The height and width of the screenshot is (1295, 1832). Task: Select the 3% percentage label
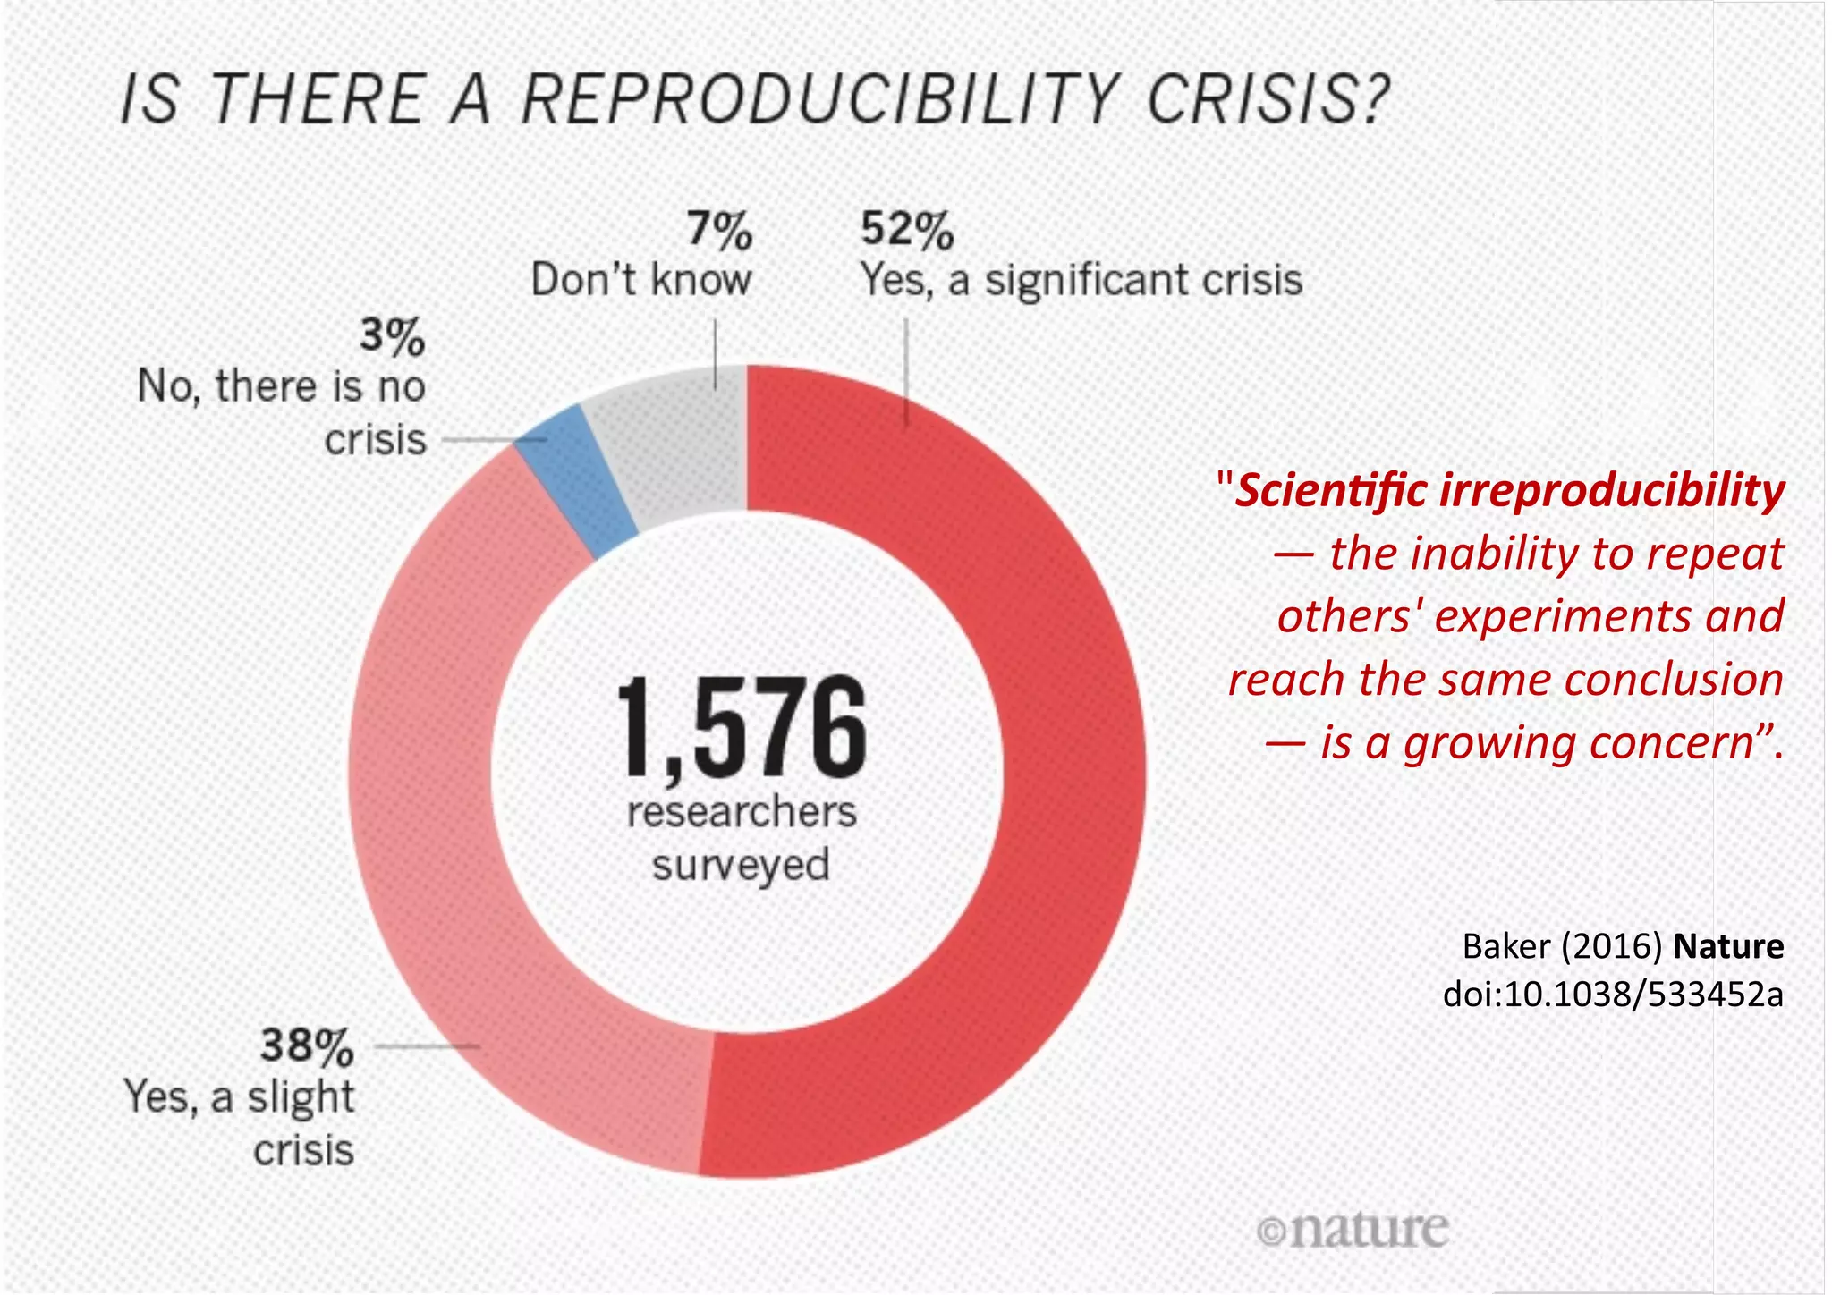coord(392,337)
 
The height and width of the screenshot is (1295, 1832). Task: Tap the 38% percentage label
coord(307,1045)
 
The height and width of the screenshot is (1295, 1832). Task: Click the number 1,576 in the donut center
coord(742,725)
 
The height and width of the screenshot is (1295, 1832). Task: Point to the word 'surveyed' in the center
coord(741,865)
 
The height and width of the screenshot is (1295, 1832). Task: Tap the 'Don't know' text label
coord(640,280)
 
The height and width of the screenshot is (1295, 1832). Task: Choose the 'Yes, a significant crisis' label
coord(1081,280)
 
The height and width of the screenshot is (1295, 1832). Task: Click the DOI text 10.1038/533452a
coord(1644,994)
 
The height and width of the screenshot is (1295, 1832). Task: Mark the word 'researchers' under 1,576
coord(742,812)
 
